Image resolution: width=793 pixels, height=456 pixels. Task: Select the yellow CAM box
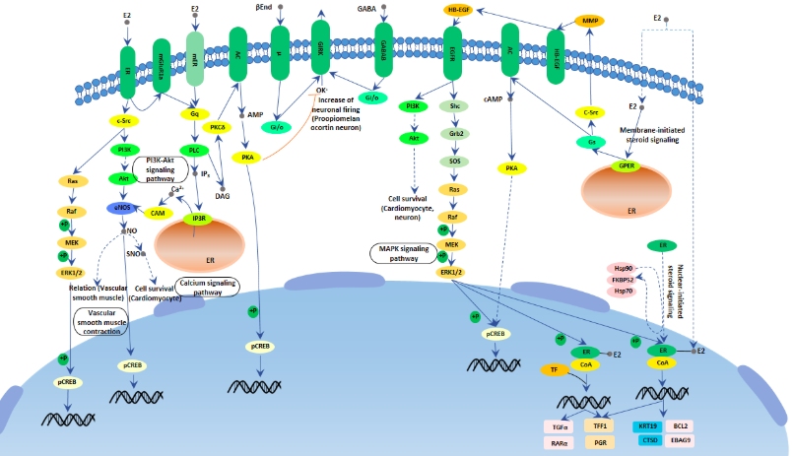click(157, 213)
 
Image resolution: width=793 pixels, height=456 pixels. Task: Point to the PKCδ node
click(218, 127)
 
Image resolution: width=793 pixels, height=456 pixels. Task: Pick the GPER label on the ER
click(624, 166)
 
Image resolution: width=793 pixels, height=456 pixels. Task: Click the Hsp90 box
click(623, 267)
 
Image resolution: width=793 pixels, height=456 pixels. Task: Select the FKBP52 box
click(623, 279)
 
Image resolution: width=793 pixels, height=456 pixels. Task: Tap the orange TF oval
click(554, 370)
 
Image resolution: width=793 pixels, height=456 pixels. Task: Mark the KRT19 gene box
click(647, 426)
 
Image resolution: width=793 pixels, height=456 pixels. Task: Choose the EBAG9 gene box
click(680, 440)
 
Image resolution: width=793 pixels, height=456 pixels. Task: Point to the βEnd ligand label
click(263, 8)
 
